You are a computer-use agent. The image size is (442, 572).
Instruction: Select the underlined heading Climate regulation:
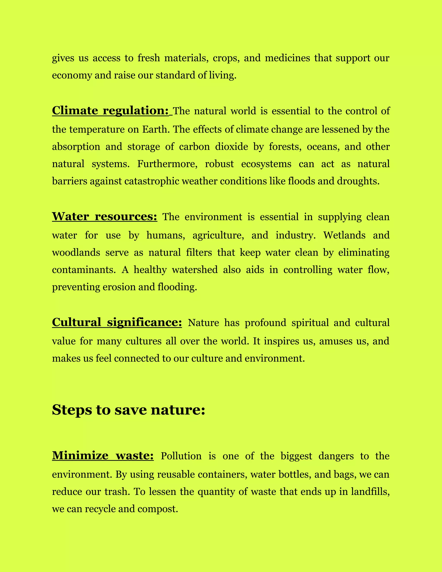click(x=110, y=111)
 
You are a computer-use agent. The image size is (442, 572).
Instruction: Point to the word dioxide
click(x=232, y=147)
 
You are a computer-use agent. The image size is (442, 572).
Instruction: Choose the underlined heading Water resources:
click(x=104, y=216)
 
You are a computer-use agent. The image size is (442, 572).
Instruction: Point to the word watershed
click(x=194, y=270)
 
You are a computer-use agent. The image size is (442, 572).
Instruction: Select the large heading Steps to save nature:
click(x=128, y=410)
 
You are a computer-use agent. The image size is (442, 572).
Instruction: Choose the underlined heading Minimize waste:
click(x=103, y=456)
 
